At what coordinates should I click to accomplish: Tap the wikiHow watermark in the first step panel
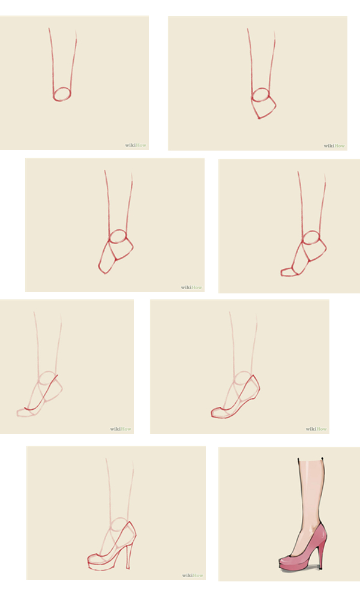(x=136, y=145)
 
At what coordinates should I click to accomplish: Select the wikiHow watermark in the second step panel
(x=334, y=146)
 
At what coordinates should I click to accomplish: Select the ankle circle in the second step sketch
(x=261, y=89)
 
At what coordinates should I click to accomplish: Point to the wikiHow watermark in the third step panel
(x=191, y=287)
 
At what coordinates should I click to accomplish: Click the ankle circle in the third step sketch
(x=118, y=230)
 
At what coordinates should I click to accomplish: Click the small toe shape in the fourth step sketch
(x=290, y=272)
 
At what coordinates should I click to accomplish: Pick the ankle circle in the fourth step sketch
(x=311, y=232)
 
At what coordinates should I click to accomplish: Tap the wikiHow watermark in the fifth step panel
(x=121, y=429)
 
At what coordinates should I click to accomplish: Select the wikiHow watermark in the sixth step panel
(x=316, y=429)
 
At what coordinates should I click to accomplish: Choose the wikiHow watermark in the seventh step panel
(x=193, y=575)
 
